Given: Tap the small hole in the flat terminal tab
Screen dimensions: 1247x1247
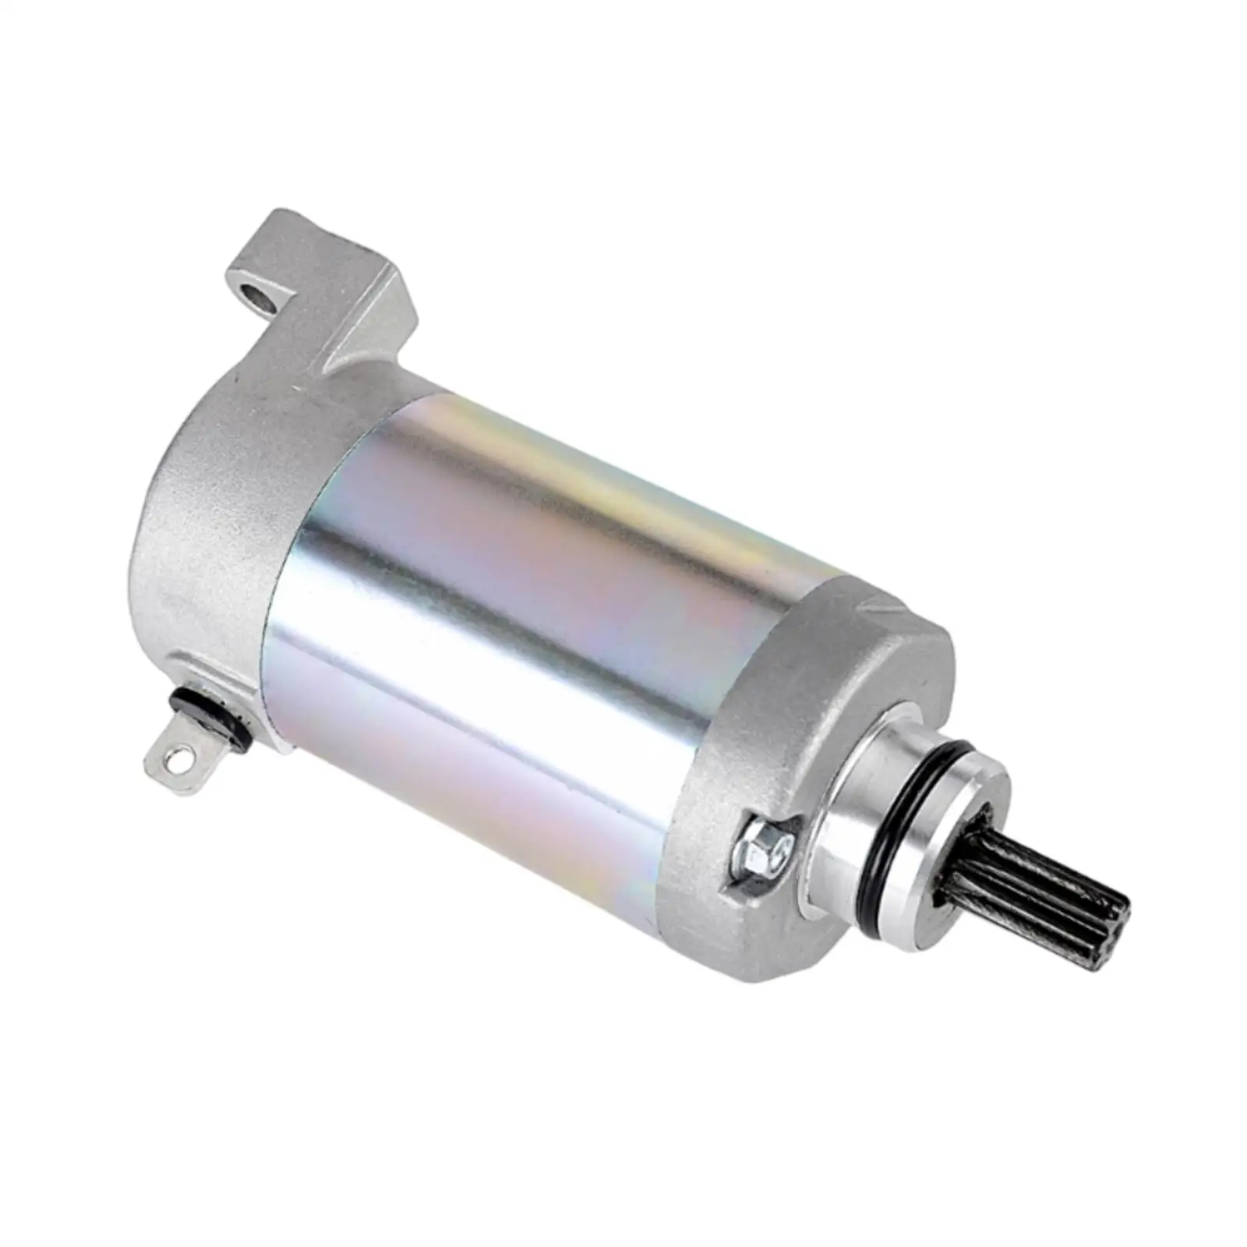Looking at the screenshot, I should pos(182,755).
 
